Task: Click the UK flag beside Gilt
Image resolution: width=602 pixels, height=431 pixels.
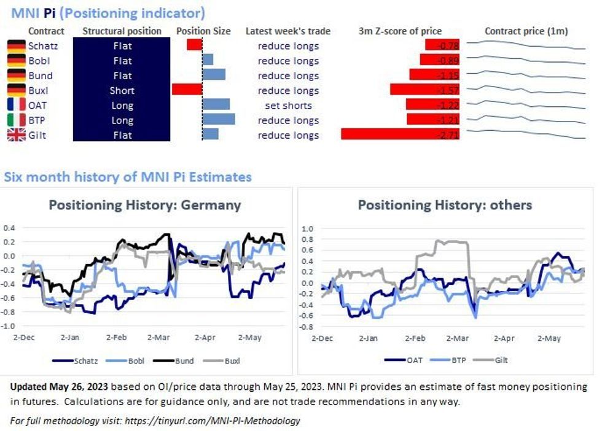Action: tap(16, 135)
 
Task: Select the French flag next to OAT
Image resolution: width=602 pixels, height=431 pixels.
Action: tap(16, 106)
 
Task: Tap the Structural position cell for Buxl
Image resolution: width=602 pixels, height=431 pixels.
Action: tap(122, 90)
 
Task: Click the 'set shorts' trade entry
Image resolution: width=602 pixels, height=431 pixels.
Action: tap(288, 106)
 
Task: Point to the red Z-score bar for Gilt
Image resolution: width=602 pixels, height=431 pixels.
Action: tap(400, 134)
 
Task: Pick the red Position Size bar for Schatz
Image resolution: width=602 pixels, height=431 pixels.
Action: tap(194, 45)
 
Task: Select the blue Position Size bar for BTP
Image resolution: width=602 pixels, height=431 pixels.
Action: tap(219, 120)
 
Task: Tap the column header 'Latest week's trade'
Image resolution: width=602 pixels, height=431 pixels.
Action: tap(287, 31)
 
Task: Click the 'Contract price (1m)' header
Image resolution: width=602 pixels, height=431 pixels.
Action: tap(526, 31)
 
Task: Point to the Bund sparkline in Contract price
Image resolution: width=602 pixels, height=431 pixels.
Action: tap(526, 76)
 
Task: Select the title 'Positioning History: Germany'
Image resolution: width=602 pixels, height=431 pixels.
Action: tap(145, 204)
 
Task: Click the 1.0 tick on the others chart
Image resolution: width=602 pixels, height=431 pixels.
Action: tap(307, 229)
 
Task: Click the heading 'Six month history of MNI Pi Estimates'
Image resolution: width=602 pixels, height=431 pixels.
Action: tap(128, 177)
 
